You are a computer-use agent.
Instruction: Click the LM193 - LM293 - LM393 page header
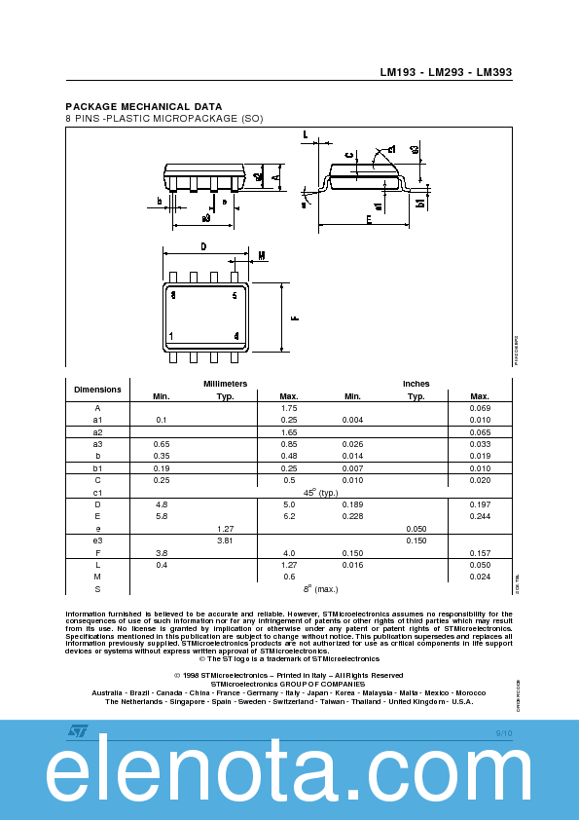tap(445, 72)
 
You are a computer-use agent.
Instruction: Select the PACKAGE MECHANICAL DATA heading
tap(143, 106)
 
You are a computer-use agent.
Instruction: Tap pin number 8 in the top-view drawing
tap(172, 294)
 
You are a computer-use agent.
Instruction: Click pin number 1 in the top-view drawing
tap(171, 336)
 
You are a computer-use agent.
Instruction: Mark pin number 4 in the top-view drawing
tap(236, 336)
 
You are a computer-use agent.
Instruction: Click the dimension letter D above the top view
tap(203, 247)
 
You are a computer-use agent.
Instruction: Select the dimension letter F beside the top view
tap(295, 317)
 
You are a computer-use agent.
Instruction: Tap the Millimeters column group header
tap(225, 384)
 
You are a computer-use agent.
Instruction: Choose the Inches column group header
tap(416, 384)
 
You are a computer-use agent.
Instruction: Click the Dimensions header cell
tap(97, 390)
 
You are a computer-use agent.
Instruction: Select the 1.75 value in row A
tap(288, 408)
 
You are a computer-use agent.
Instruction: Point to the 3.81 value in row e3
tap(225, 540)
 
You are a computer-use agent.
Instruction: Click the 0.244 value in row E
tap(479, 516)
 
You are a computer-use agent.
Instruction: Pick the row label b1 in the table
tap(97, 468)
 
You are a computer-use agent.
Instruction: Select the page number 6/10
tap(503, 731)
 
